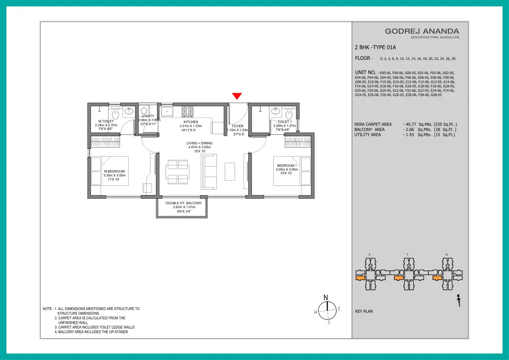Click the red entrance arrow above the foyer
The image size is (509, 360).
click(237, 96)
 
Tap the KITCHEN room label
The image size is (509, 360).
click(191, 122)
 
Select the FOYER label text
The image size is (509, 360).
click(238, 126)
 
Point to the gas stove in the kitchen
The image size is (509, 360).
click(188, 112)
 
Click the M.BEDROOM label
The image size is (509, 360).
click(114, 172)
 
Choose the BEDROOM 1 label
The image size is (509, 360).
click(287, 166)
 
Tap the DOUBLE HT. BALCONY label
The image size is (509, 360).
click(184, 203)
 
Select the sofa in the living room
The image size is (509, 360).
click(209, 172)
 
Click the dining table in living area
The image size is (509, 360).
click(178, 172)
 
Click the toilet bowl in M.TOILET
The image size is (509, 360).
click(115, 114)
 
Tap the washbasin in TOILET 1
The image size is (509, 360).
click(275, 111)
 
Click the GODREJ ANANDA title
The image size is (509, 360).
click(422, 31)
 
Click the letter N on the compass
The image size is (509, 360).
click(326, 298)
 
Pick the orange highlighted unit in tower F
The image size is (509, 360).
click(399, 278)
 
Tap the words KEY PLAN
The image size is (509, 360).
click(364, 311)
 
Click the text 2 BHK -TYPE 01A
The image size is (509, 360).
click(375, 47)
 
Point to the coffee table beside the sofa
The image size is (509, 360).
click(230, 172)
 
